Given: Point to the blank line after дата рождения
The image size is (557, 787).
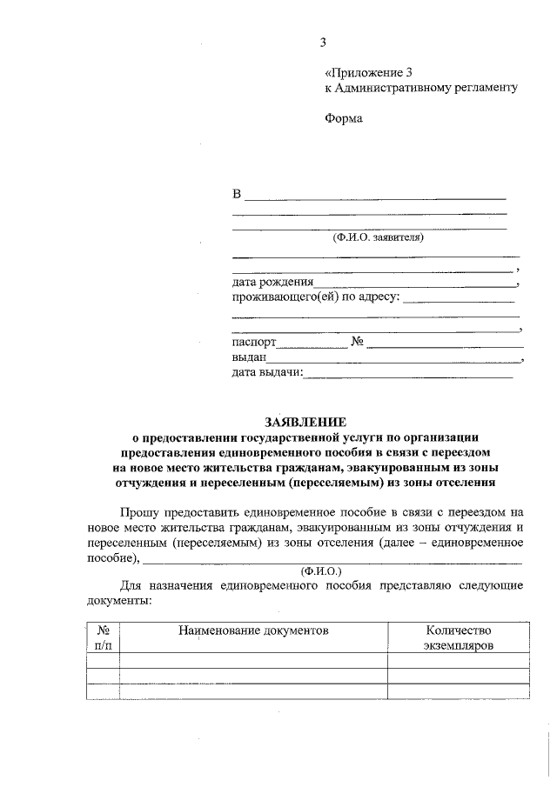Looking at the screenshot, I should click(x=414, y=284).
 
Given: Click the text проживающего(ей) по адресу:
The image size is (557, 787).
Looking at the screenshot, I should click(x=315, y=297).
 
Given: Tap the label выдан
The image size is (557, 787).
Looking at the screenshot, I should click(x=249, y=357).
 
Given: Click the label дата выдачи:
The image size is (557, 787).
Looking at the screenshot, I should click(x=266, y=373).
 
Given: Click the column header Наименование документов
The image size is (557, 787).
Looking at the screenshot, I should click(x=253, y=630).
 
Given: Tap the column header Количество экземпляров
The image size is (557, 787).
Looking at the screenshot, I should click(x=459, y=638).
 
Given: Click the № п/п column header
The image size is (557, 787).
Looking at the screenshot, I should click(x=104, y=638).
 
